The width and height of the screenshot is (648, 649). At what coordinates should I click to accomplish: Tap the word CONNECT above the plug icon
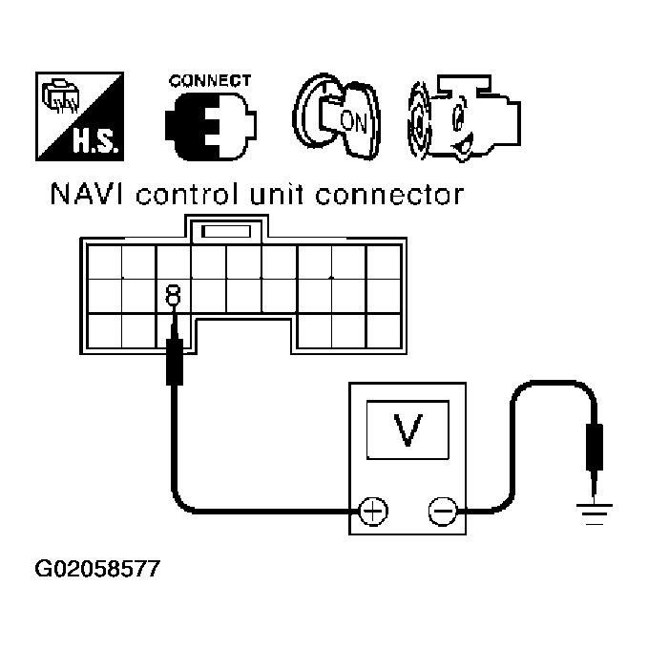pos(210,81)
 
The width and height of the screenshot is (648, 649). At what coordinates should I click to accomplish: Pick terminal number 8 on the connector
pos(174,295)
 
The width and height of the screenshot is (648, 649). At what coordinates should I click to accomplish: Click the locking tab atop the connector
pos(229,230)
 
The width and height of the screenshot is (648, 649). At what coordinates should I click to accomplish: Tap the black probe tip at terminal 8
pos(175,364)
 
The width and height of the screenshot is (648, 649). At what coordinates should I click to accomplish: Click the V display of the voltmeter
pos(408,430)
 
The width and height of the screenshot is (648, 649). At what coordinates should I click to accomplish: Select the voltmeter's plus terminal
pos(372,513)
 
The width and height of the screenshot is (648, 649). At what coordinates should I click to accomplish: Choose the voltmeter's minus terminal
pos(442,513)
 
